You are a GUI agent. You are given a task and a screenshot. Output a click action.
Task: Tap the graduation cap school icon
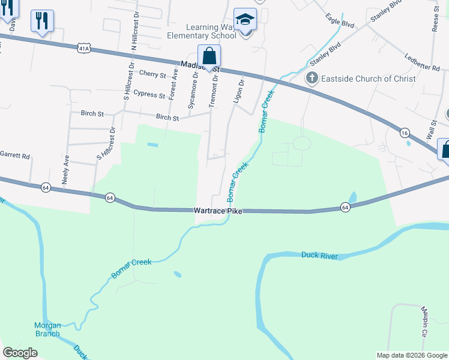point(245,19)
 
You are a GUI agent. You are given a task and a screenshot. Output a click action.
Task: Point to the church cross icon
point(312,78)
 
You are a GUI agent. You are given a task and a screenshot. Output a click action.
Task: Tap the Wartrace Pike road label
point(217,211)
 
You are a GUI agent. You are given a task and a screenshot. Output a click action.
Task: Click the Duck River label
point(319,256)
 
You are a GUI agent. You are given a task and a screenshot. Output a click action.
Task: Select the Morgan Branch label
point(47,329)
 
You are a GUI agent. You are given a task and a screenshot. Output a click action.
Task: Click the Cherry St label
point(152,74)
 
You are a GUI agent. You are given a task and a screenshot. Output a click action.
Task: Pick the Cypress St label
point(149,95)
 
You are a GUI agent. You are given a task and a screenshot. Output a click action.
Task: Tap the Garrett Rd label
point(14,155)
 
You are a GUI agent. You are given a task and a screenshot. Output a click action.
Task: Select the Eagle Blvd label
point(340,22)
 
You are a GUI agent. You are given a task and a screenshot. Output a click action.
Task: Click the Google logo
point(20,353)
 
